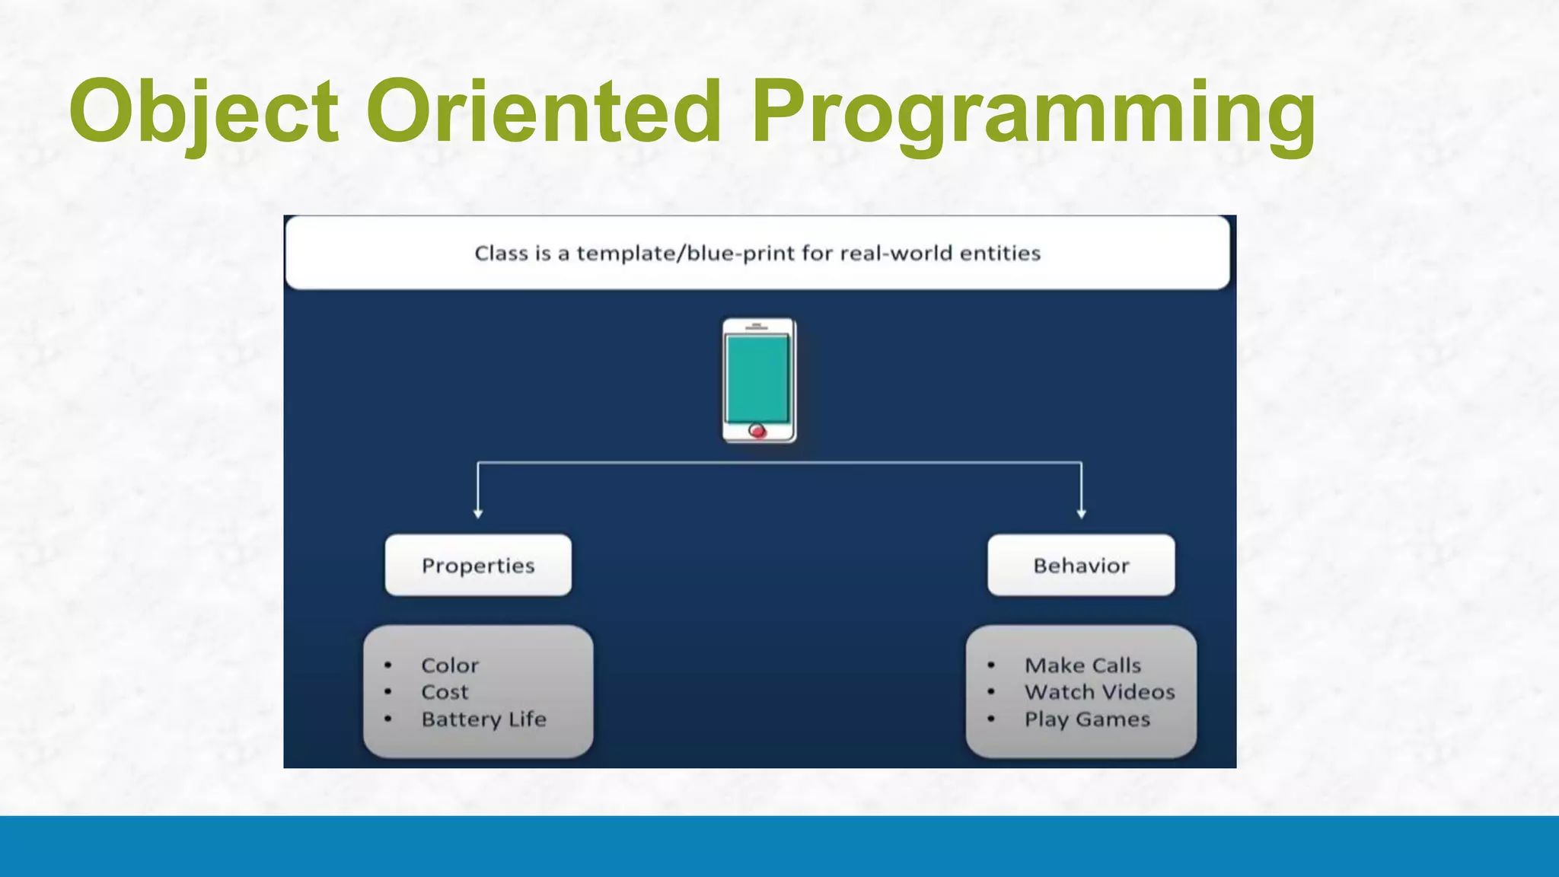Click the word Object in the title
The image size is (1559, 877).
tap(203, 112)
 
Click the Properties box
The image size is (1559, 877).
tap(478, 565)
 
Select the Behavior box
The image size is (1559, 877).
tap(1081, 565)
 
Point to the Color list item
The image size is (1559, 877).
tap(450, 665)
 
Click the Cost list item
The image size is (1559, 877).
tap(445, 692)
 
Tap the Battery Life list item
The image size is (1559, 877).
tap(484, 719)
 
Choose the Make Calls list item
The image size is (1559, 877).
tap(1082, 665)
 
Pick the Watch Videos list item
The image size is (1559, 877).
tap(1099, 692)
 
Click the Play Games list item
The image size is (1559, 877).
tap(1086, 719)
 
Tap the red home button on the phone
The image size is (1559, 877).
tap(757, 431)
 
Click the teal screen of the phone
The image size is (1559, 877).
tap(757, 378)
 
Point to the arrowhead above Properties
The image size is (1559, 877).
tap(478, 514)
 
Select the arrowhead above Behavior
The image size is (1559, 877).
tap(1081, 514)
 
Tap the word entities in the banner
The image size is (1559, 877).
tap(999, 253)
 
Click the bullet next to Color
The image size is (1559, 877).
tap(388, 665)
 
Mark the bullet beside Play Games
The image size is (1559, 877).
tap(991, 719)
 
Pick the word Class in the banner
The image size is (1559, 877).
tap(501, 253)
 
